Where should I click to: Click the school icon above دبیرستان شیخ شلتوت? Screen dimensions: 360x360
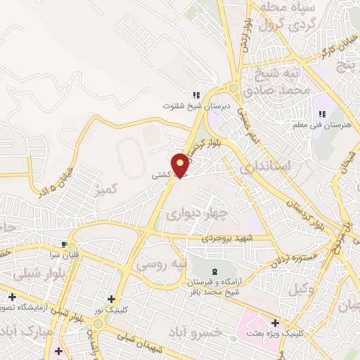click(196, 95)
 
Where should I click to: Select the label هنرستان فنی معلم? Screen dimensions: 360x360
click(322, 126)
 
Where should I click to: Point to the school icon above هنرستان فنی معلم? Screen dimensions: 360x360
click(322, 114)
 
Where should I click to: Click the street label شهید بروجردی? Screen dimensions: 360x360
click(221, 238)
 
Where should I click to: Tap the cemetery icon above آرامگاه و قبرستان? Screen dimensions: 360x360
click(214, 271)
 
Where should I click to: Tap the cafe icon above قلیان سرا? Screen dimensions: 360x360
click(65, 245)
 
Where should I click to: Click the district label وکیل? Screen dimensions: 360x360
click(320, 287)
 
